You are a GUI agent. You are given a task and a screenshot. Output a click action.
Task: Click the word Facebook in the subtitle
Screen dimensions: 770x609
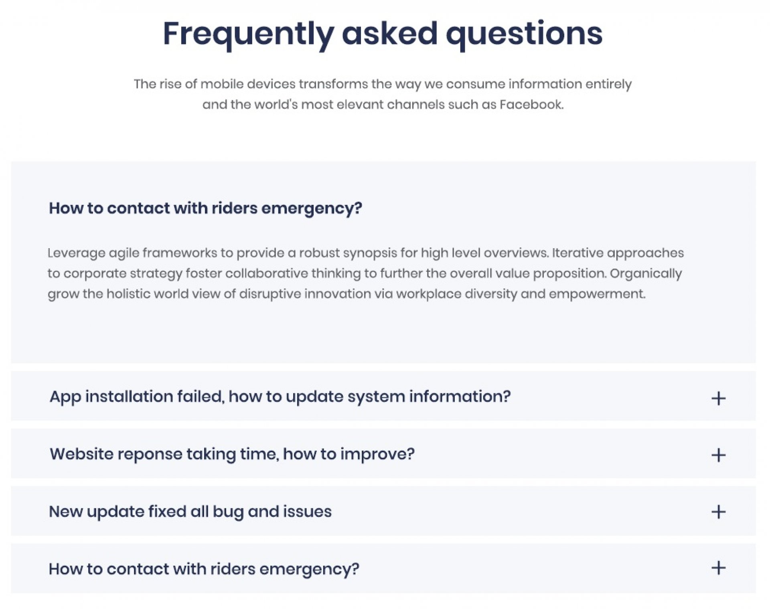531,104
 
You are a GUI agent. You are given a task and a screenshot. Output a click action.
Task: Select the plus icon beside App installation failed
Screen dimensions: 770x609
718,398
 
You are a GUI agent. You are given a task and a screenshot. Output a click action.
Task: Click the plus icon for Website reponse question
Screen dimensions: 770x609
718,455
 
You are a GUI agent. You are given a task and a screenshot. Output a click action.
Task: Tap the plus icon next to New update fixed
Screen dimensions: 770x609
718,512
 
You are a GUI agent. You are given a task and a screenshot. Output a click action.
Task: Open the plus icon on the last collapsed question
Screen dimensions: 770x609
718,568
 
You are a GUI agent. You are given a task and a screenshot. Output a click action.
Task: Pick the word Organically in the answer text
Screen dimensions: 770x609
646,274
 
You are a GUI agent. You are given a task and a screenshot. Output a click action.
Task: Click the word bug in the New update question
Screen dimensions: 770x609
228,512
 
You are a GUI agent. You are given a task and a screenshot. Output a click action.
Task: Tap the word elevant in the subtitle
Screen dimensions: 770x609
360,104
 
